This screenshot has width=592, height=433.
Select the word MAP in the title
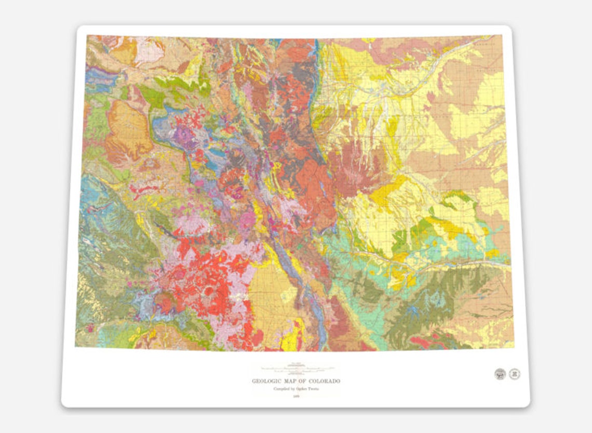292,381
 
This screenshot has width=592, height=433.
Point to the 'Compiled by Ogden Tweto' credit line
295,389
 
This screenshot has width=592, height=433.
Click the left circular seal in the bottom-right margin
500,374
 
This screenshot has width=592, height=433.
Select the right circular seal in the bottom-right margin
514,374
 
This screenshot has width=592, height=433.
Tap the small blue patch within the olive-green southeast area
413,311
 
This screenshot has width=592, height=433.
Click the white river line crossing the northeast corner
457,57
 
